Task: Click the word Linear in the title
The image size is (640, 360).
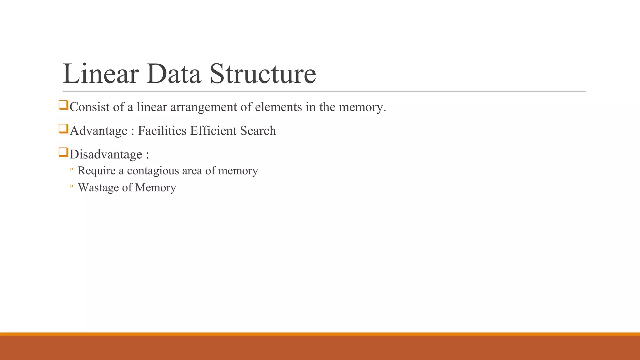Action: click(101, 74)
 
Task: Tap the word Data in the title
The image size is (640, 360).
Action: click(173, 74)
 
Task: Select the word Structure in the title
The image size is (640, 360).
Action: click(262, 74)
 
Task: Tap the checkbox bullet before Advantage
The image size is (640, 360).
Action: click(63, 128)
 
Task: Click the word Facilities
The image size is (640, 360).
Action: click(162, 131)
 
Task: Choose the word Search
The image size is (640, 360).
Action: click(258, 131)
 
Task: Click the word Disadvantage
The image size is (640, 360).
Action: click(106, 154)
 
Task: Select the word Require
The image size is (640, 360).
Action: click(97, 171)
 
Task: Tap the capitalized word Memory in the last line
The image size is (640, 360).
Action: click(156, 188)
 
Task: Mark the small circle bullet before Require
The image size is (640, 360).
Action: click(72, 170)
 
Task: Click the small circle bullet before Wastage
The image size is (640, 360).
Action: click(72, 187)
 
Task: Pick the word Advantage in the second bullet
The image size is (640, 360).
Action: click(99, 131)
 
